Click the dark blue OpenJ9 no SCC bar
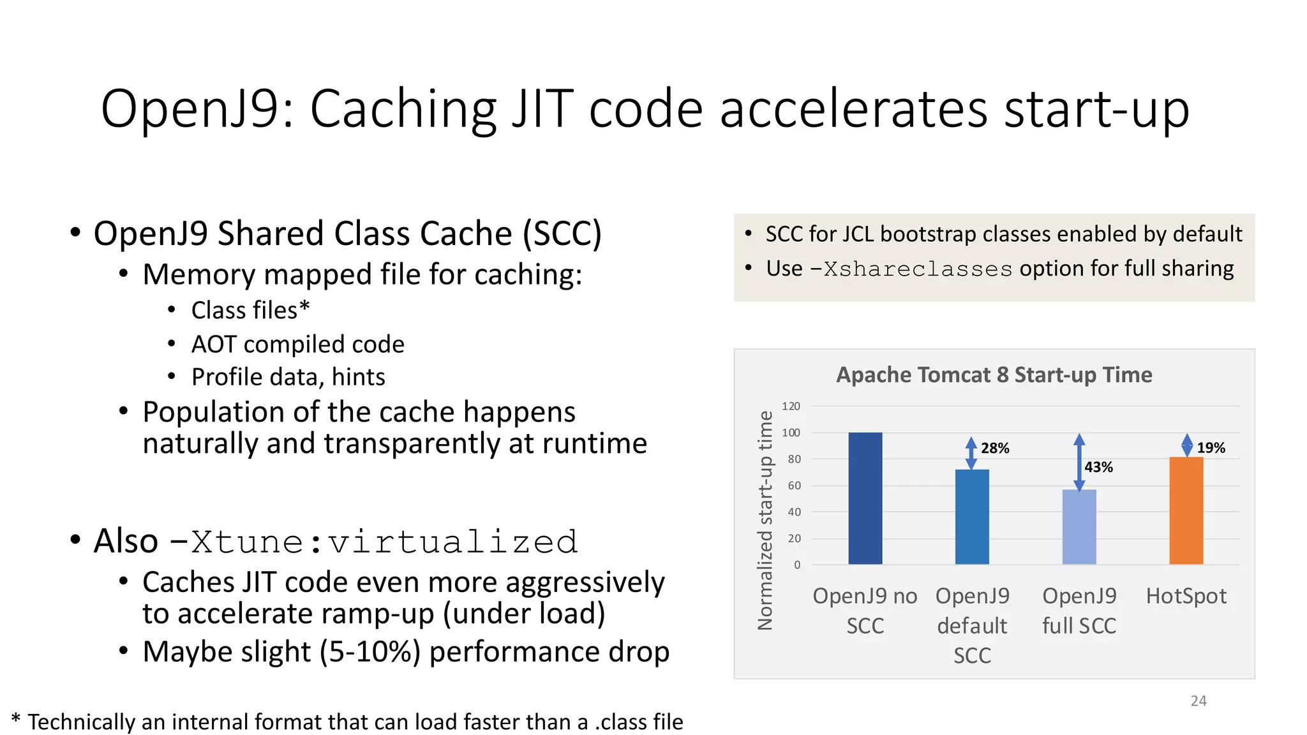point(865,498)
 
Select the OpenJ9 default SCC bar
point(972,517)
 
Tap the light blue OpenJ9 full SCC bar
point(1079,527)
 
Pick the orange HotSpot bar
point(1186,510)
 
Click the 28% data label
point(995,449)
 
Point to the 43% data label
point(1098,467)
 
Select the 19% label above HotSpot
point(1211,448)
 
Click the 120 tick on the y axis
point(791,406)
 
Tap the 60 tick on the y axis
point(794,486)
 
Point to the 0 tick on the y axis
point(797,565)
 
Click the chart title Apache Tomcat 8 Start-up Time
point(994,375)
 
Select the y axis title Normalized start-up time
point(765,520)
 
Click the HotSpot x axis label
point(1186,596)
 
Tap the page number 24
point(1199,701)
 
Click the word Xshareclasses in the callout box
point(918,269)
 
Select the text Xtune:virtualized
point(384,542)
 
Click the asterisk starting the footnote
point(16,720)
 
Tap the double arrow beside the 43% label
point(1079,463)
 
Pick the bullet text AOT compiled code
point(297,345)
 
